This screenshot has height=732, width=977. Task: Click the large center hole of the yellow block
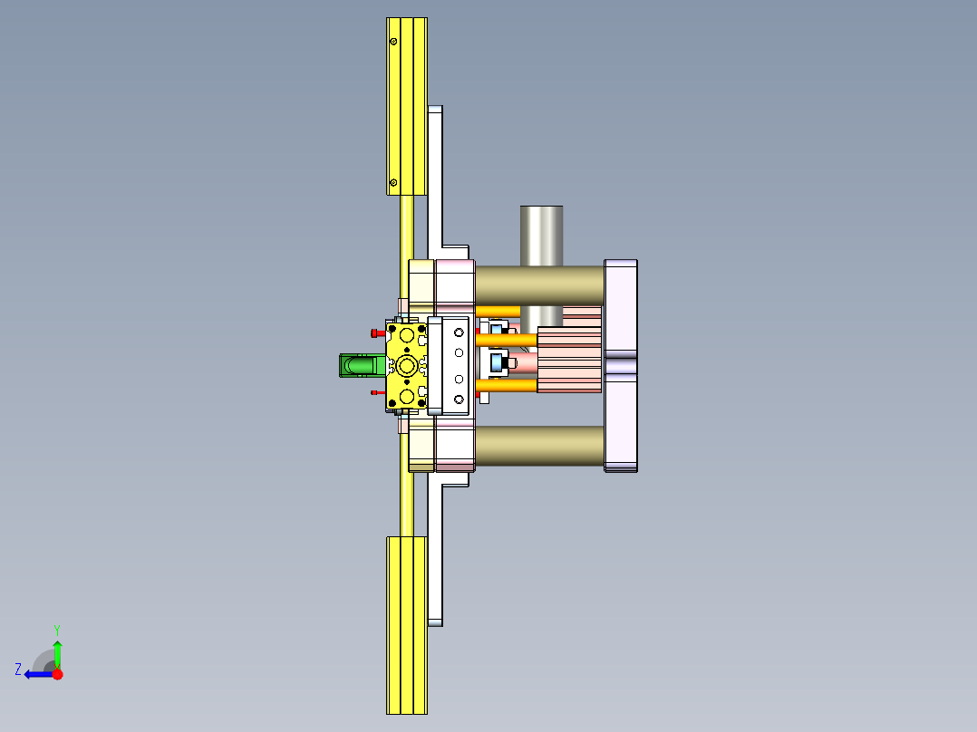click(x=406, y=365)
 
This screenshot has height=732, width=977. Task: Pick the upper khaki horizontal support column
click(x=538, y=284)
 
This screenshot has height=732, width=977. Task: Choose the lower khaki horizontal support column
click(x=538, y=446)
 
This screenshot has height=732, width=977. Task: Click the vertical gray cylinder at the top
click(x=541, y=235)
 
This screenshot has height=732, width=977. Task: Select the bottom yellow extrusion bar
click(x=406, y=624)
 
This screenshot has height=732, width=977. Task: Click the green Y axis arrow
click(x=57, y=650)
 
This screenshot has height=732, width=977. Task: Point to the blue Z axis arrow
click(x=36, y=674)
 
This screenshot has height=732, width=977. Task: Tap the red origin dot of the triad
click(x=57, y=674)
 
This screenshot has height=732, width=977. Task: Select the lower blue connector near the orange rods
click(x=498, y=363)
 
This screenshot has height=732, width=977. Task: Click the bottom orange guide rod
click(x=508, y=386)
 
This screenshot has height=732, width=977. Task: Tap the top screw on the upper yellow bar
click(x=393, y=42)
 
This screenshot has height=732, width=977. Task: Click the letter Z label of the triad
click(x=18, y=669)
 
